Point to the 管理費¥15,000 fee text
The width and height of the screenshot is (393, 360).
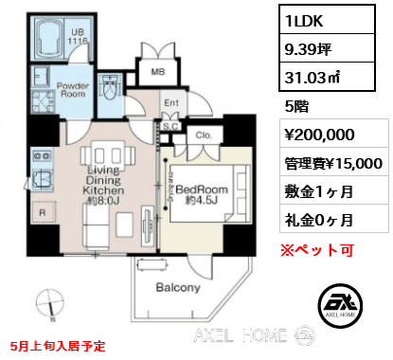pyautogui.click(x=331, y=163)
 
